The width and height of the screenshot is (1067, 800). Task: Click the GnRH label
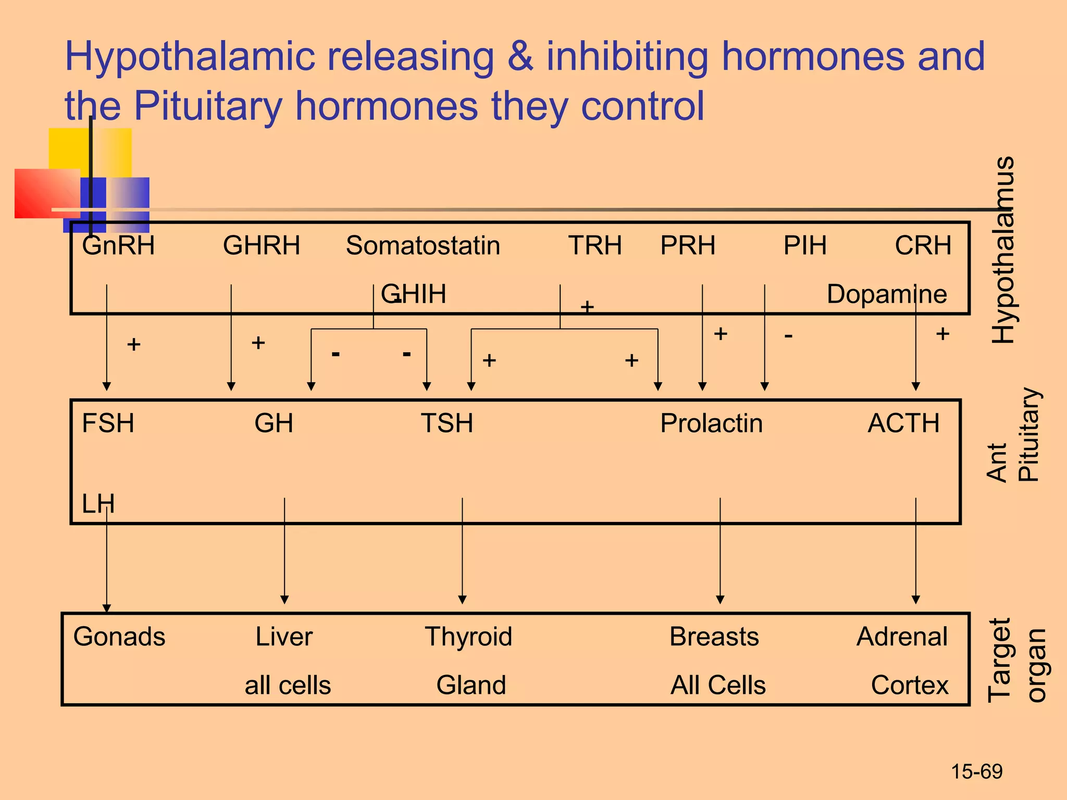pyautogui.click(x=118, y=245)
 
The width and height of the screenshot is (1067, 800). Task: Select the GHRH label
pyautogui.click(x=262, y=245)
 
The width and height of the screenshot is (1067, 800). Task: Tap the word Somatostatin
pyautogui.click(x=423, y=245)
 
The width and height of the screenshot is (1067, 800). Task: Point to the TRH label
pyautogui.click(x=594, y=245)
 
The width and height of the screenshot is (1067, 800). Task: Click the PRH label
pyautogui.click(x=688, y=245)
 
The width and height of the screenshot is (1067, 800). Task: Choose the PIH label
pyautogui.click(x=805, y=245)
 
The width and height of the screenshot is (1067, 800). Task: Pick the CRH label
pyautogui.click(x=923, y=245)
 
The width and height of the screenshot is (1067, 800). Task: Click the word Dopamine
pyautogui.click(x=887, y=294)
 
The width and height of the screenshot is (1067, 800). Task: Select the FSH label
pyautogui.click(x=108, y=423)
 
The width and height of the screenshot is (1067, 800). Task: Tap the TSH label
pyautogui.click(x=447, y=423)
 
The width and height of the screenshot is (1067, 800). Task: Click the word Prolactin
pyautogui.click(x=711, y=423)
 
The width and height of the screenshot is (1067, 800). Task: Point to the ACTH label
pyautogui.click(x=903, y=423)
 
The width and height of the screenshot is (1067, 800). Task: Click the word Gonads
pyautogui.click(x=119, y=636)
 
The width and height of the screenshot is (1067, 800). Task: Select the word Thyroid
pyautogui.click(x=468, y=636)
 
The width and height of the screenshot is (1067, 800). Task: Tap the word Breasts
pyautogui.click(x=714, y=636)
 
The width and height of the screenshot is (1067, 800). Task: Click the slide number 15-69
pyautogui.click(x=976, y=771)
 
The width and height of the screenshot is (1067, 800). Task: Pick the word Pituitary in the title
pyautogui.click(x=208, y=106)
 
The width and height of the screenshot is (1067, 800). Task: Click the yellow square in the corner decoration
pyautogui.click(x=68, y=148)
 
